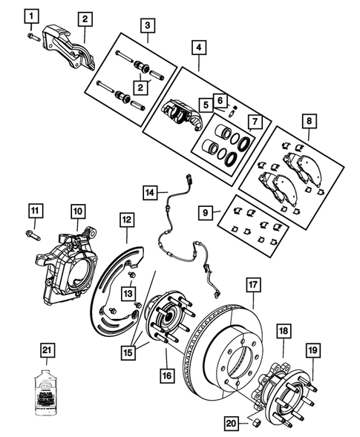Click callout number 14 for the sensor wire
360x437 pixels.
click(150, 193)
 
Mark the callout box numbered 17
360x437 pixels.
click(252, 283)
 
